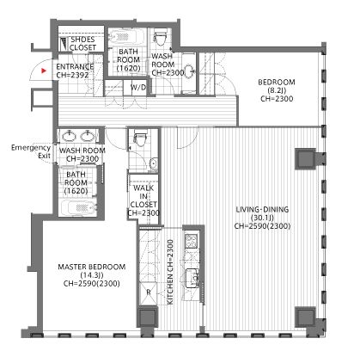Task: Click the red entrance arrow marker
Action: (x=44, y=71)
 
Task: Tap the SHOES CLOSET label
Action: (x=82, y=44)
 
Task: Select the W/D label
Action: (x=138, y=88)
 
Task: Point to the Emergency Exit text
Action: (x=31, y=151)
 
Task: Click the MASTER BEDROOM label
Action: (x=92, y=275)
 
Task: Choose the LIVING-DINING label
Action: (x=262, y=218)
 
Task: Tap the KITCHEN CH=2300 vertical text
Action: (x=170, y=272)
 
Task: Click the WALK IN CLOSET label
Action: (x=143, y=200)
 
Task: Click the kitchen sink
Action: (x=193, y=278)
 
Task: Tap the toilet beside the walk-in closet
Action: (x=140, y=138)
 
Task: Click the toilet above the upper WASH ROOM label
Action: (x=160, y=36)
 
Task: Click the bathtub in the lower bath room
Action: (x=78, y=207)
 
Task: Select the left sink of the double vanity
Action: (x=69, y=136)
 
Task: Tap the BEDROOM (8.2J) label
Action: (x=277, y=90)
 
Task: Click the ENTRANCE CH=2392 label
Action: (x=75, y=71)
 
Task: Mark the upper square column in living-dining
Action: (x=305, y=159)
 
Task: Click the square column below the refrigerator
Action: (x=148, y=317)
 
